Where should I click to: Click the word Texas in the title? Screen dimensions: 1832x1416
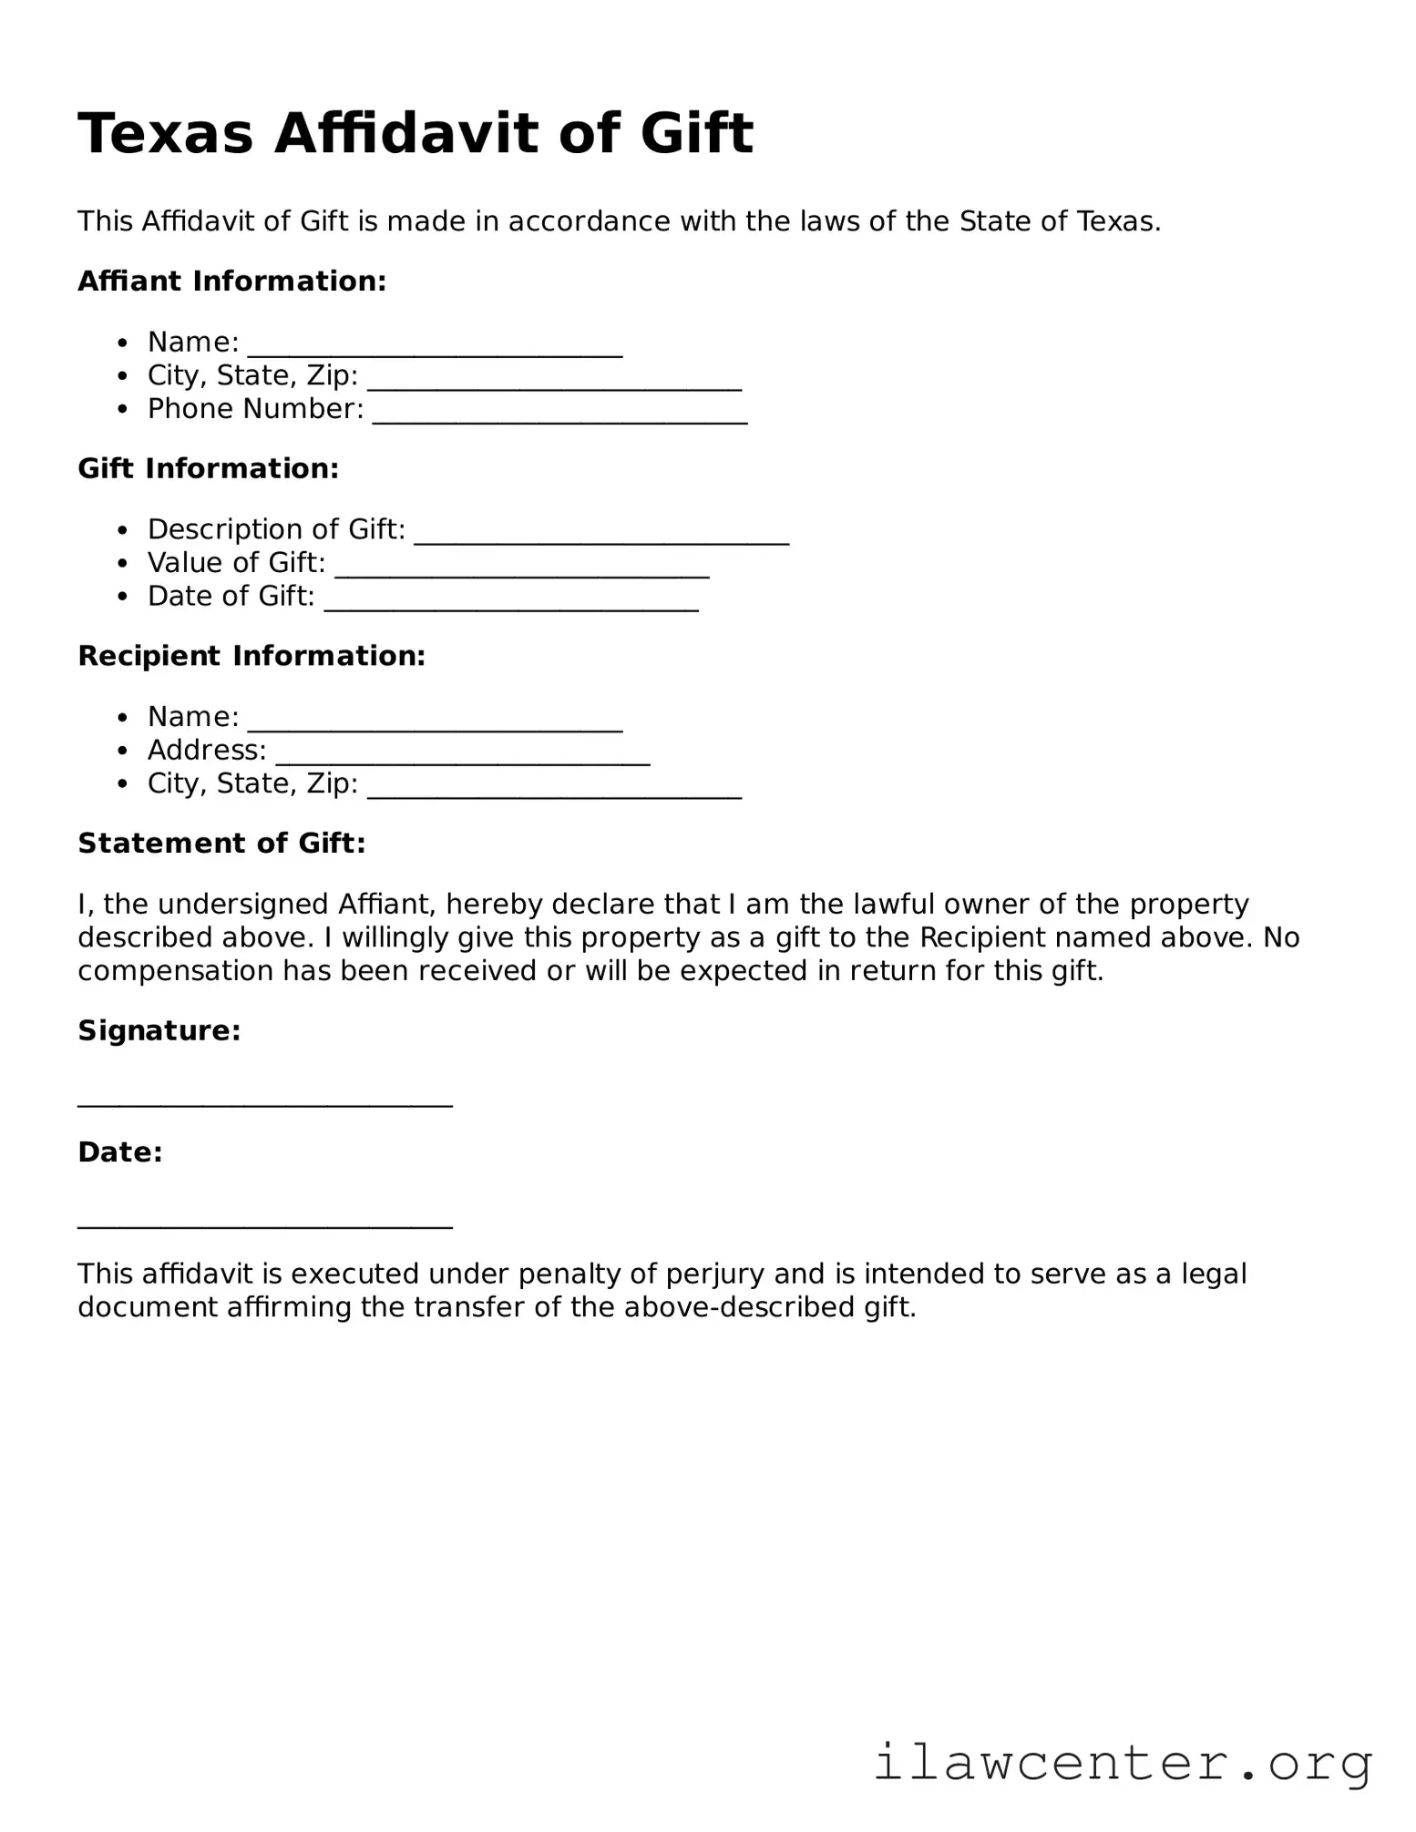click(165, 134)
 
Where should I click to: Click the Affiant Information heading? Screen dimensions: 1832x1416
click(232, 281)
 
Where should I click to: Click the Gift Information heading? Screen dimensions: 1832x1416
click(208, 469)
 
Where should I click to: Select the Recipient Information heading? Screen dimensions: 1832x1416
click(251, 656)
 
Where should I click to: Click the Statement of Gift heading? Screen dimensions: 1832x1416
click(221, 844)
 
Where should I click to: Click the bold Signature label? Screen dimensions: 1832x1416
click(159, 1031)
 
